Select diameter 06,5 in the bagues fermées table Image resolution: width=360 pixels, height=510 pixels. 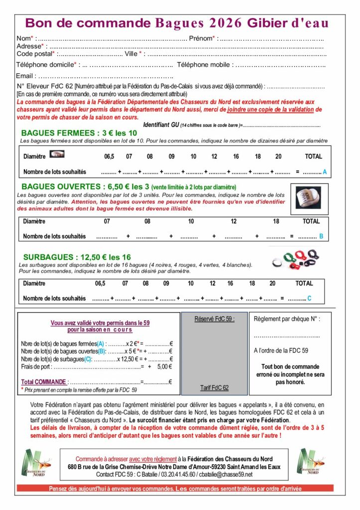pyautogui.click(x=109, y=156)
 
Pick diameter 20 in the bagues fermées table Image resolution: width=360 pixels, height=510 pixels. pyautogui.click(x=278, y=156)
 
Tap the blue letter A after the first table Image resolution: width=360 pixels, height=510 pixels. pyautogui.click(x=325, y=172)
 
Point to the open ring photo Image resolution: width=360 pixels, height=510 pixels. pyautogui.click(x=308, y=198)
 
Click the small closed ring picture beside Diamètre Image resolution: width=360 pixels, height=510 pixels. pyautogui.click(x=57, y=155)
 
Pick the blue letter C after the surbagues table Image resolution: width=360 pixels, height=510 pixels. pyautogui.click(x=309, y=298)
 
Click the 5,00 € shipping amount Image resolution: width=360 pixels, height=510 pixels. pyautogui.click(x=163, y=366)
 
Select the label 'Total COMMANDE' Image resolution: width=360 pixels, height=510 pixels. pyautogui.click(x=44, y=382)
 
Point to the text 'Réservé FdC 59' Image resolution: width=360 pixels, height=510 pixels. pyautogui.click(x=214, y=319)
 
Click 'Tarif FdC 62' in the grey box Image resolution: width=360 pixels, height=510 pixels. pyautogui.click(x=214, y=387)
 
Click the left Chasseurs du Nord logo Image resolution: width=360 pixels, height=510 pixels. pyautogui.click(x=34, y=462)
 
